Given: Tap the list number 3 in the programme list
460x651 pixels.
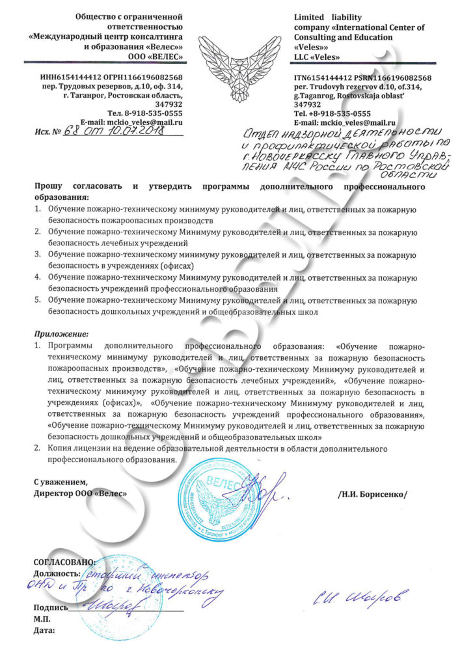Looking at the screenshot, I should click(38, 255).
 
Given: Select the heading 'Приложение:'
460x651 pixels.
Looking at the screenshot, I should click(56, 334).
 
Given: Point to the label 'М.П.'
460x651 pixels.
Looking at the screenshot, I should click(42, 619).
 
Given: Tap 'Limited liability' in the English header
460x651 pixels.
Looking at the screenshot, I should click(328, 17).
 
